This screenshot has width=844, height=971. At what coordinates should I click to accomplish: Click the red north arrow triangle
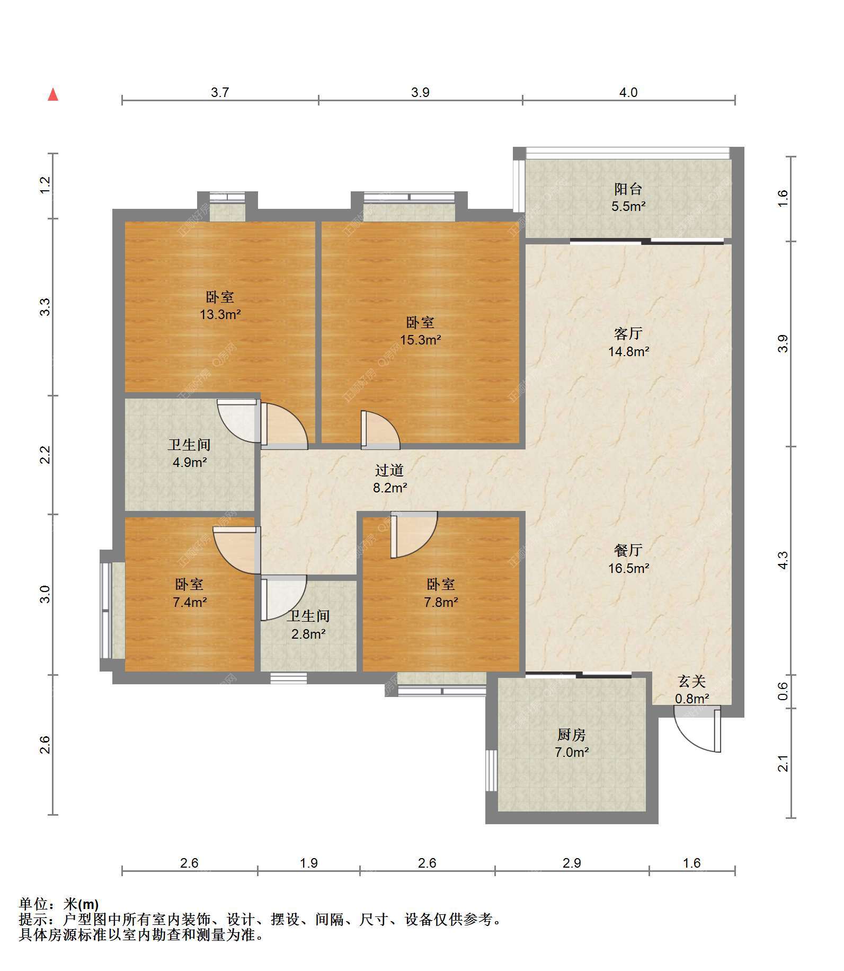click(53, 95)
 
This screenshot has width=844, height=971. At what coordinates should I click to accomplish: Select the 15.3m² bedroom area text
click(421, 340)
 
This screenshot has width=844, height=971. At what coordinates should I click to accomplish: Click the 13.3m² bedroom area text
click(220, 314)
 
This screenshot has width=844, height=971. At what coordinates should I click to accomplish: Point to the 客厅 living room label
click(628, 333)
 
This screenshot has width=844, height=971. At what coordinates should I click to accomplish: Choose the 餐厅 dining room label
click(628, 551)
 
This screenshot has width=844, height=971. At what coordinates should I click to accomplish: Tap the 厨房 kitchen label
click(572, 735)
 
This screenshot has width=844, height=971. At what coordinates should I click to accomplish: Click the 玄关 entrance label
click(692, 682)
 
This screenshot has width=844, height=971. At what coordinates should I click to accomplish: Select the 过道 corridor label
click(389, 470)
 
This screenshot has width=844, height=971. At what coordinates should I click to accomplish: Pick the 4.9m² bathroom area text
click(190, 462)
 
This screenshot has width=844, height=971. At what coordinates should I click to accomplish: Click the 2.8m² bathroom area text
click(308, 633)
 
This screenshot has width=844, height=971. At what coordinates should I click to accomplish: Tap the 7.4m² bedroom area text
click(190, 602)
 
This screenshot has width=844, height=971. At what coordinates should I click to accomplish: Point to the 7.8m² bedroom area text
click(441, 602)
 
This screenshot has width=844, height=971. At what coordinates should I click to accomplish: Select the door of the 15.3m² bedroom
click(380, 430)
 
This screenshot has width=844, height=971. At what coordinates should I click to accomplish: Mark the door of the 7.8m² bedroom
click(414, 534)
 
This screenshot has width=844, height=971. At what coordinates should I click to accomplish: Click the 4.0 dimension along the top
click(628, 92)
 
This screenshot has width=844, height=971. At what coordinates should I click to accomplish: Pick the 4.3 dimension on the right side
click(784, 560)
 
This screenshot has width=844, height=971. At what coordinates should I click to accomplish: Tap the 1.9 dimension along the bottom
click(309, 863)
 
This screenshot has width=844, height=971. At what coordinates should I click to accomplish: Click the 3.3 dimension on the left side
click(46, 307)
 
